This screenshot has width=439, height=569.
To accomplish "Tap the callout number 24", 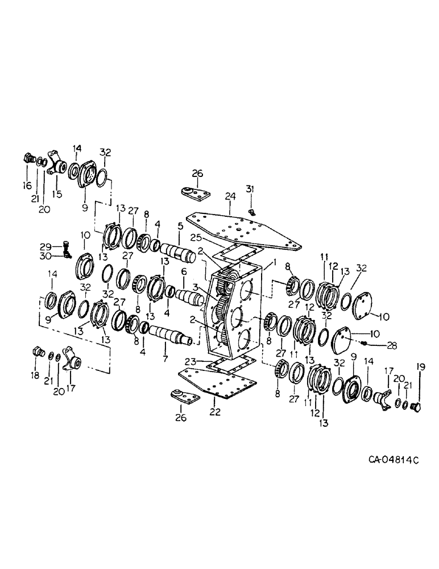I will tap(230, 197).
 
